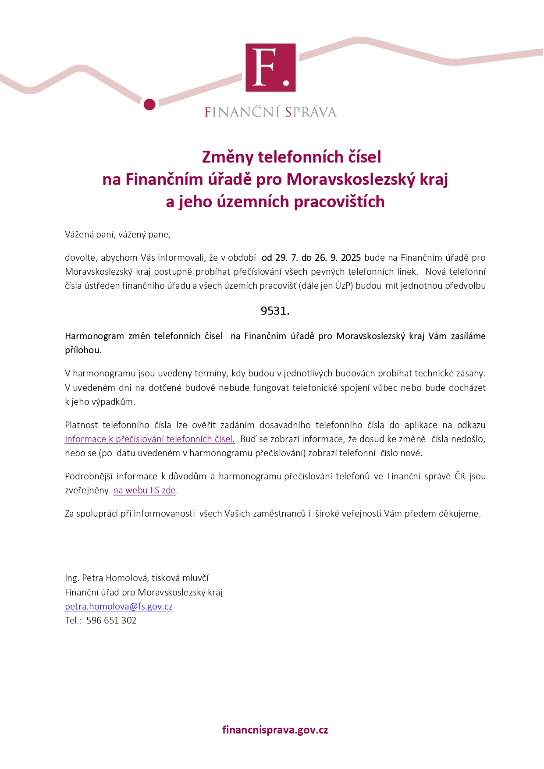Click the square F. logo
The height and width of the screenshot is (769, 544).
click(270, 67)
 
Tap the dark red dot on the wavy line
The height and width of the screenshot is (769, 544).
click(149, 104)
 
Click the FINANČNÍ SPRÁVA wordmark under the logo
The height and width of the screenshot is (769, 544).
click(270, 112)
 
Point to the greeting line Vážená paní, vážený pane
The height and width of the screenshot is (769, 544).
click(117, 234)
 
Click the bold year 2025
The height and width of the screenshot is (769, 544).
click(351, 257)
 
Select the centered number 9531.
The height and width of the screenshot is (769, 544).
click(275, 311)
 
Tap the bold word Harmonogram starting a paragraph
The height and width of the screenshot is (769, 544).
click(94, 336)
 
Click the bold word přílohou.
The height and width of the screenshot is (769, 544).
click(83, 350)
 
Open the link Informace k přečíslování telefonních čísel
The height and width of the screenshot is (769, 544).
click(149, 439)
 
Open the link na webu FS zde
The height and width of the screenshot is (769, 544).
click(144, 490)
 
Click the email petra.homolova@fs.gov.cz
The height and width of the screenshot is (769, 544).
click(118, 606)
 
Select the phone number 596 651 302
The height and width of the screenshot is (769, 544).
click(111, 620)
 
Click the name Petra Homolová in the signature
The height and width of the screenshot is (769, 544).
click(114, 578)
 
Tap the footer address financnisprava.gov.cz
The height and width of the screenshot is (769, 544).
click(275, 730)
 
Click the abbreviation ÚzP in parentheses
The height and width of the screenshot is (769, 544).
click(344, 286)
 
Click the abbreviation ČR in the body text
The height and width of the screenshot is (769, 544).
click(459, 476)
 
